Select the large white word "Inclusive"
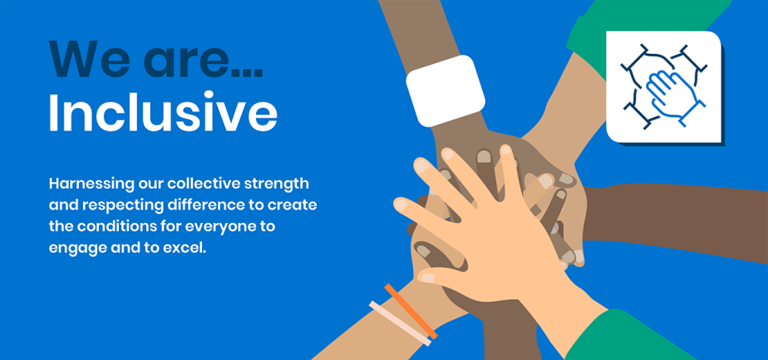[x=163, y=114]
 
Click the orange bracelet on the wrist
[x=411, y=311]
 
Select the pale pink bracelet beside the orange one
[x=401, y=323]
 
